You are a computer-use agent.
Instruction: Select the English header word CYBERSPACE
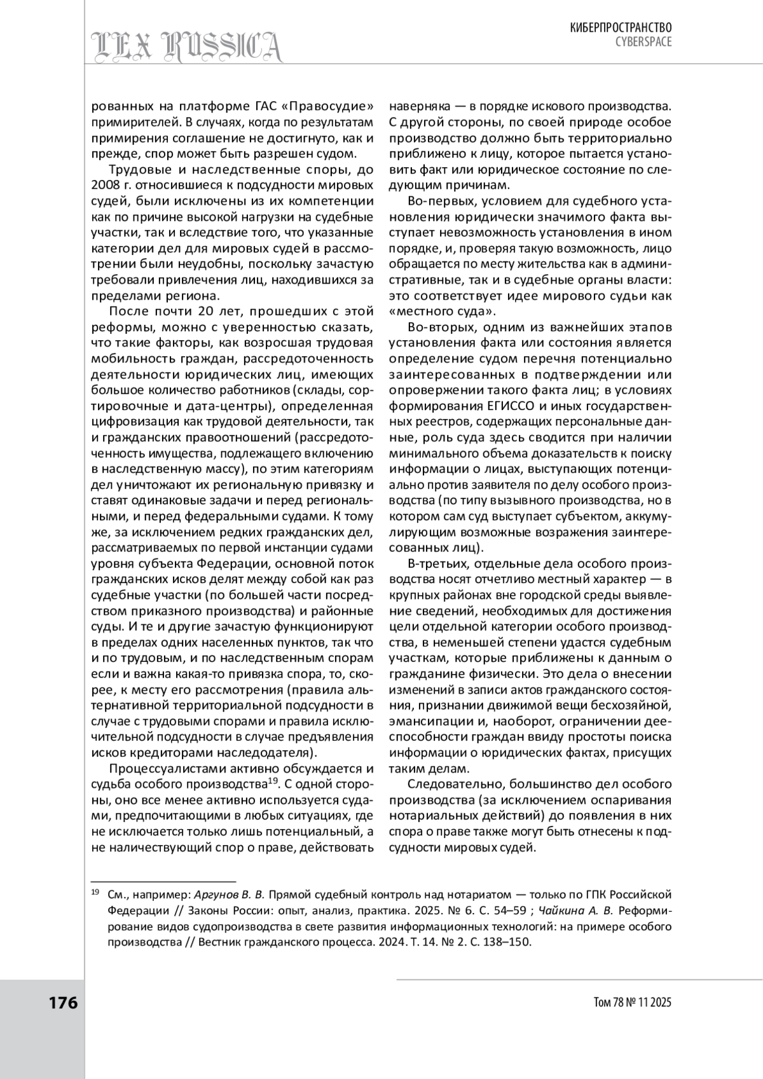[643, 42]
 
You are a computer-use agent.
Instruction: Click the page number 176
[63, 1003]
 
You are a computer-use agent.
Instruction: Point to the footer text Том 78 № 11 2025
[631, 1003]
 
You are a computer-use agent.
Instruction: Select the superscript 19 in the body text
[273, 781]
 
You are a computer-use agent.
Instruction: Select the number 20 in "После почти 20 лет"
[208, 312]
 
